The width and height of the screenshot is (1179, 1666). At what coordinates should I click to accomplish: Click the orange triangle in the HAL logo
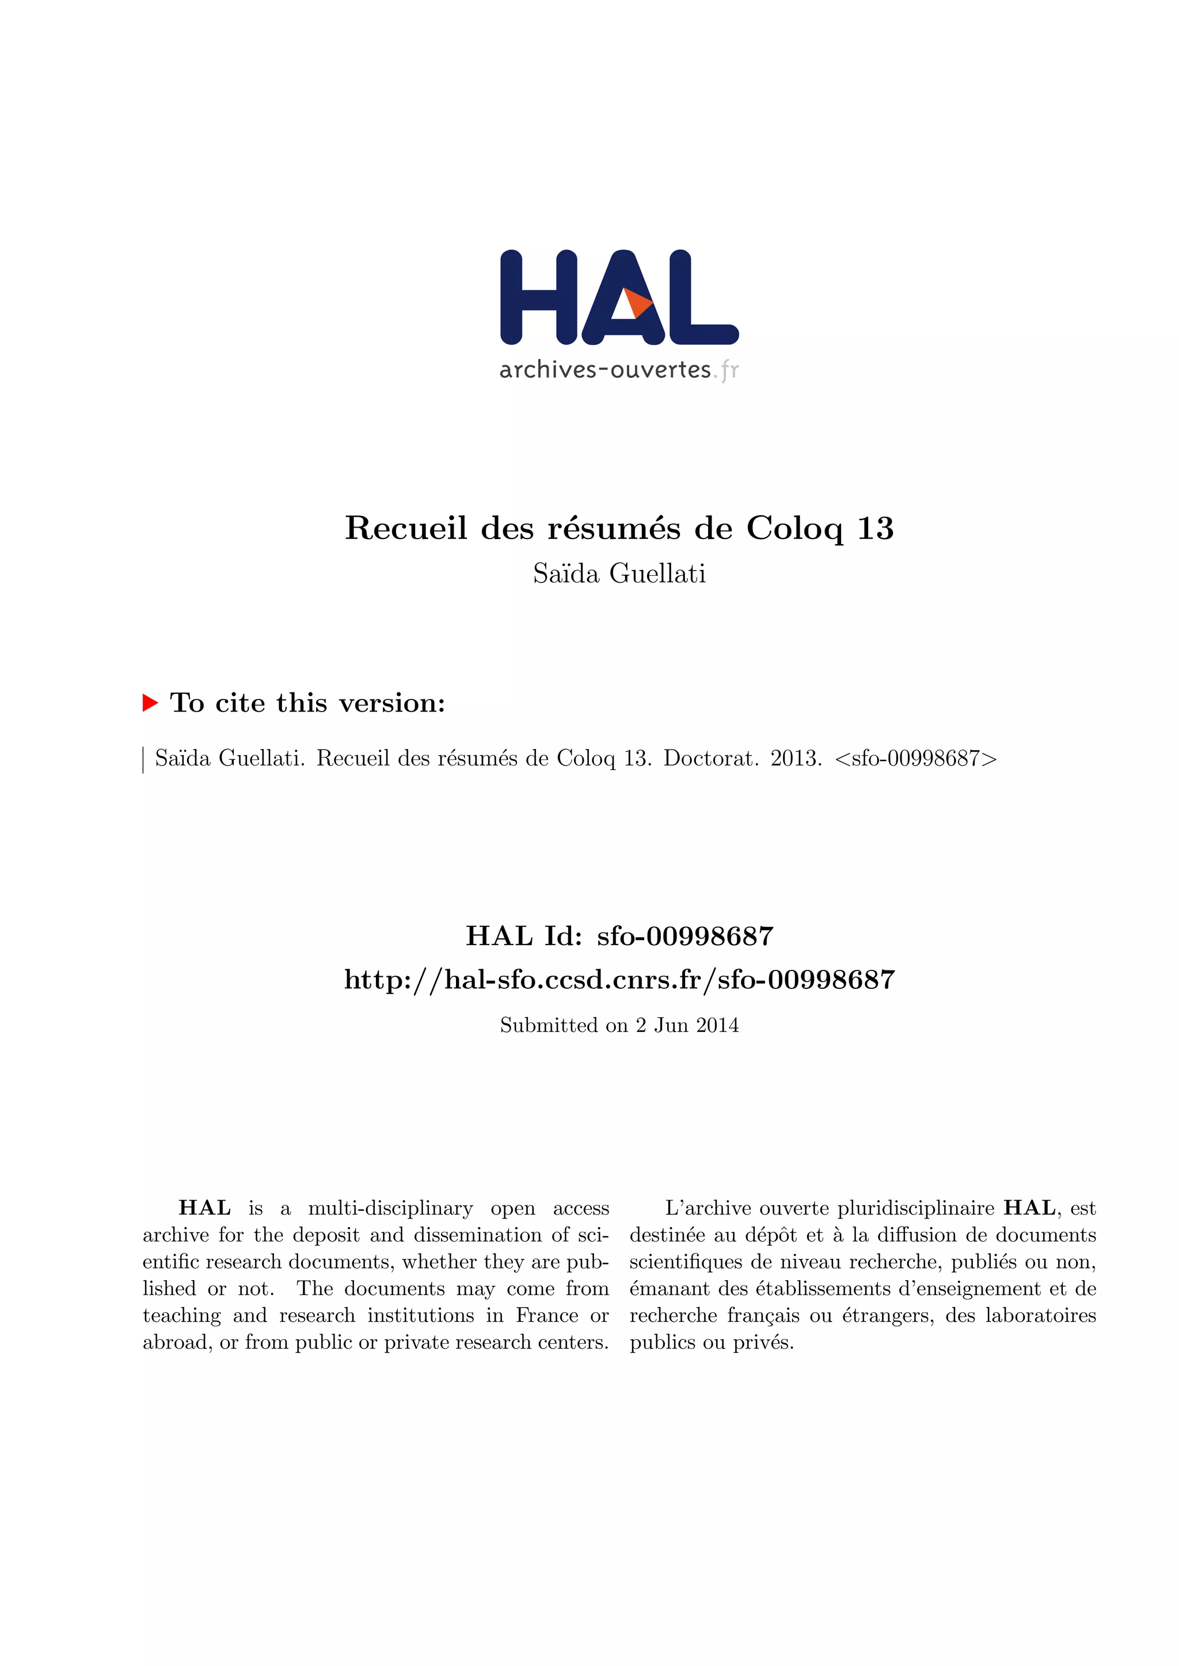tap(637, 303)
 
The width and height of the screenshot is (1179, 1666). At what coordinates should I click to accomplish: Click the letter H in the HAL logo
tap(539, 297)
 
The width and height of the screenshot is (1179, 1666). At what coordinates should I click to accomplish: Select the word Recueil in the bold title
tap(406, 528)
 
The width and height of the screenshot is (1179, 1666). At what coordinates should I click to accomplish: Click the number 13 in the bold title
tap(875, 528)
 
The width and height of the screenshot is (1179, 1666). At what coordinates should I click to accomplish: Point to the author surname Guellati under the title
tap(657, 574)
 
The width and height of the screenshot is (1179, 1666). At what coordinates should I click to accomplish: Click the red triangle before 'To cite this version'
tap(150, 702)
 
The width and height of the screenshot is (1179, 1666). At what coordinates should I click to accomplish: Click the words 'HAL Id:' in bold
tap(523, 936)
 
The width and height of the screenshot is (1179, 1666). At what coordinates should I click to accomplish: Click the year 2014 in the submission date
tap(717, 1025)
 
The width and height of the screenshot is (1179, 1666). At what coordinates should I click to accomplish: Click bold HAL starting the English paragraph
tap(205, 1208)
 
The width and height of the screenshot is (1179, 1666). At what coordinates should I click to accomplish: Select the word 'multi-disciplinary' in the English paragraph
tap(390, 1208)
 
